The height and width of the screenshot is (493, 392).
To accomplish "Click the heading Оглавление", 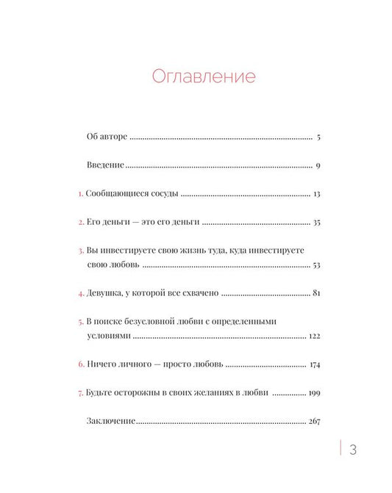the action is coord(203,76).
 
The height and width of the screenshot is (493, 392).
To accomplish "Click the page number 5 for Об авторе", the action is coord(316,137).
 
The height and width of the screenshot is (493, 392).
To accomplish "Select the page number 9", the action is coord(318,165).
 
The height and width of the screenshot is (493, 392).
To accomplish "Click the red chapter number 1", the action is coord(81,194).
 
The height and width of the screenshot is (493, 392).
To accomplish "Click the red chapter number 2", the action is coord(81,222).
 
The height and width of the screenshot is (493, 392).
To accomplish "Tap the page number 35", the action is coord(316,222).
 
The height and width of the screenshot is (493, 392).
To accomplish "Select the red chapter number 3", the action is coord(81,251).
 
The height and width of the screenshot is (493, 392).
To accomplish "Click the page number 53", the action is coord(316,264).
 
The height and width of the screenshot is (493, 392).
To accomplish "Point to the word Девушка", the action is coord(108,293).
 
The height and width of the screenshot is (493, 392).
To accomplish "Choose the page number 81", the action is coord(316,293).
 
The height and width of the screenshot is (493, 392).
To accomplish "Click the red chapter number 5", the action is coord(81,322).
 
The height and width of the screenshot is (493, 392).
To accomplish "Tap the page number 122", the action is coord(315,335).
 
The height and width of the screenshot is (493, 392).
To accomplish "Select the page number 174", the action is coord(315,364).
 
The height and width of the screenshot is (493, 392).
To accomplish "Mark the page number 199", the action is coord(315,393).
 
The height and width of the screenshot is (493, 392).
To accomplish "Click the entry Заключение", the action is coord(111,422).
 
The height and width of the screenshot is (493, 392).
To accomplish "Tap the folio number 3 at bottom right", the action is coord(354,450).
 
